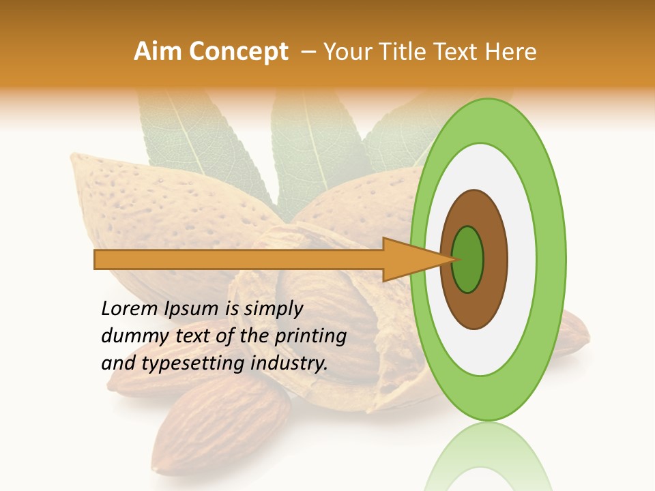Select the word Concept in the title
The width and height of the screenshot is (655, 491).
(237, 52)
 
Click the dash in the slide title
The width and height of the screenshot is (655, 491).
(308, 52)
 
